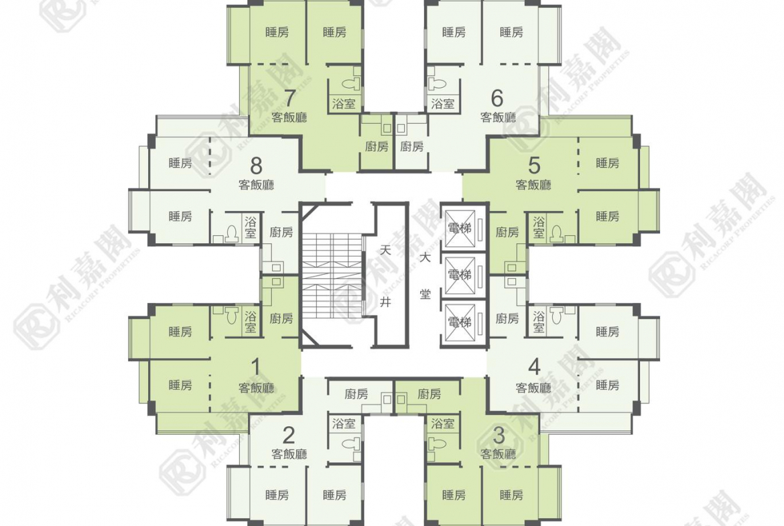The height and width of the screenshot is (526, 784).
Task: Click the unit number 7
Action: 289,98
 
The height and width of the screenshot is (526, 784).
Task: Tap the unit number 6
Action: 497,98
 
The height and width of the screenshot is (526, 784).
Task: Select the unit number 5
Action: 534,165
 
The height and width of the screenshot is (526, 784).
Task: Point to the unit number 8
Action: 256,165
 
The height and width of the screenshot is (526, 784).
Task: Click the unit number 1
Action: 256,367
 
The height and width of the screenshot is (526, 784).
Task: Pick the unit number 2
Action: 289,436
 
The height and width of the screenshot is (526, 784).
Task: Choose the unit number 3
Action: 499,436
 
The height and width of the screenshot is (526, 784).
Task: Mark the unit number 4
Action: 534,367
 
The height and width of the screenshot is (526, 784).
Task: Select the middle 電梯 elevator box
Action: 459,275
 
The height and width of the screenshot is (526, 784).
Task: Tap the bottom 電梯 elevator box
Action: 459,322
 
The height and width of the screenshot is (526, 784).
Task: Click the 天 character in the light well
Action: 385,250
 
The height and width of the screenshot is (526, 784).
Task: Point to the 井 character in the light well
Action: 385,302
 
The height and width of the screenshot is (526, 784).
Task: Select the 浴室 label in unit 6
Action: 442,104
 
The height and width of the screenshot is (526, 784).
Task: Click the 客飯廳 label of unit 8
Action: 256,185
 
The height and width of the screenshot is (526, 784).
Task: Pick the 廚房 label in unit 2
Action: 356,394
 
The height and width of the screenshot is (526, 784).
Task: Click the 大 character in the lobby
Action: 425,259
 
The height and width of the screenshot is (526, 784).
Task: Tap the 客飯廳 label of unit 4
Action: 533,387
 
